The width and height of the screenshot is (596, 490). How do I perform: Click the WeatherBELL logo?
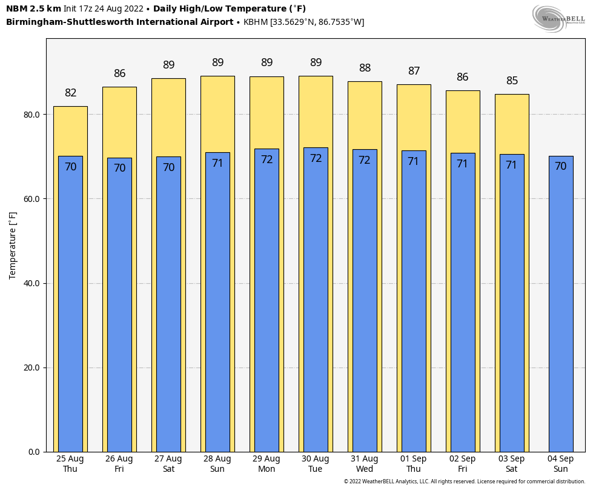click(558, 18)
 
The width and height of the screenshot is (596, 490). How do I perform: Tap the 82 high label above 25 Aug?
click(71, 93)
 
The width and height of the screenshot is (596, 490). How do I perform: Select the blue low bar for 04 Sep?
click(561, 303)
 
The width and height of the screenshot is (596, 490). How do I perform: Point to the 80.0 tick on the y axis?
click(32, 115)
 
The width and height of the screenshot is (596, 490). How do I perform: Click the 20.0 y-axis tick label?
click(32, 367)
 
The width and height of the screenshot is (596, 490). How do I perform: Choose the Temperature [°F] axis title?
click(13, 245)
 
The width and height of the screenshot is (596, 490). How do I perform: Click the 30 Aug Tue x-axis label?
click(316, 464)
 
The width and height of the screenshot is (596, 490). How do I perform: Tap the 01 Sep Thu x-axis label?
click(414, 464)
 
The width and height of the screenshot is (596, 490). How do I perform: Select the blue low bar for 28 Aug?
click(217, 303)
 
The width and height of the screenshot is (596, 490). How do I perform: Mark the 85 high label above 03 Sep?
click(512, 81)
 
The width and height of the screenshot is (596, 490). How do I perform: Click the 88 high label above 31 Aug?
click(365, 68)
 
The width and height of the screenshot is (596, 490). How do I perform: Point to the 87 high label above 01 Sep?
click(414, 71)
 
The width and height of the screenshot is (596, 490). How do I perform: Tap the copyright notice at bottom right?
click(465, 482)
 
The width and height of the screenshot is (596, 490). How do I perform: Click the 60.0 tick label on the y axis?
click(32, 199)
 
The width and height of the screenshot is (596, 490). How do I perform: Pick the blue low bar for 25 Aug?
click(70, 303)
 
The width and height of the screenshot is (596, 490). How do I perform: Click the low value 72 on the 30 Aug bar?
click(316, 158)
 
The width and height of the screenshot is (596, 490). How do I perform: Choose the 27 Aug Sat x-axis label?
click(168, 464)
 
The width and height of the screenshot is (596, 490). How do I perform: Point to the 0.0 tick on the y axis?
click(35, 452)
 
